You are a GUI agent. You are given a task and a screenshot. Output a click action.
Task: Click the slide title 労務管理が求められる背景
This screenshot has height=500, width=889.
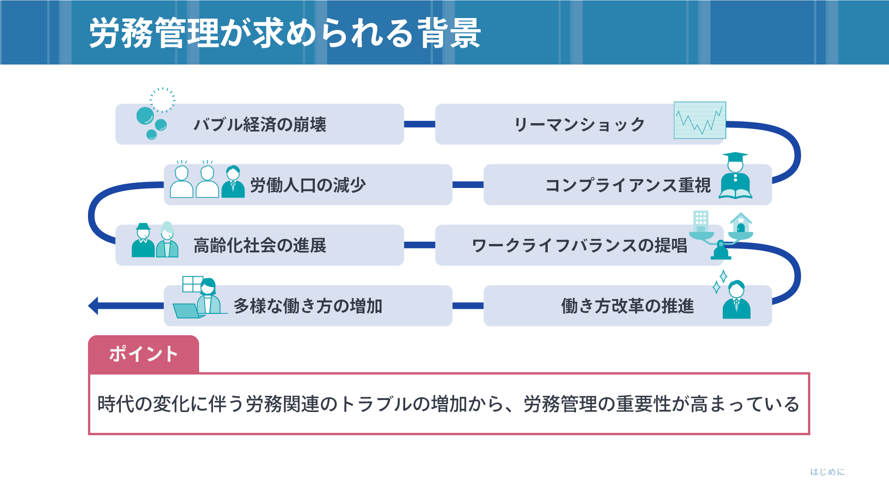(285, 33)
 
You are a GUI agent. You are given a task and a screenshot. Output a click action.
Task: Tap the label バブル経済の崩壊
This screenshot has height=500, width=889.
(260, 125)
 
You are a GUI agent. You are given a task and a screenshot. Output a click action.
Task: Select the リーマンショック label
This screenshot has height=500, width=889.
(579, 125)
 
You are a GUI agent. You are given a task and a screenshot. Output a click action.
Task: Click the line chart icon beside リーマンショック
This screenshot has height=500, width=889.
(700, 120)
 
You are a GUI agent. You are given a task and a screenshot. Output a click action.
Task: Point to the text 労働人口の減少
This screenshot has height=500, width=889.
(308, 185)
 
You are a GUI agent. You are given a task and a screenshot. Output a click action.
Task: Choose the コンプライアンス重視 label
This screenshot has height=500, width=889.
(628, 185)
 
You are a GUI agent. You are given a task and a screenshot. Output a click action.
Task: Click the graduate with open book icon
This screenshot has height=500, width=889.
(735, 175)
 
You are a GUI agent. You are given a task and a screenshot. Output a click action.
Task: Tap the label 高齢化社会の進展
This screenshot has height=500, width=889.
(260, 245)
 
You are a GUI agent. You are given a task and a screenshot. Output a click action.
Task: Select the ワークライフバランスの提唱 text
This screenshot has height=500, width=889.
(579, 245)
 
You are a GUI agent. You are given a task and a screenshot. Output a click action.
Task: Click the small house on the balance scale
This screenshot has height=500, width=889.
(741, 223)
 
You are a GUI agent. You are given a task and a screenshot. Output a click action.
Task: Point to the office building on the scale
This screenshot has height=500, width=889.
(701, 221)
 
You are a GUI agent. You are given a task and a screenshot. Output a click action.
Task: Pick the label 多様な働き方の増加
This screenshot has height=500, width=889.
(308, 306)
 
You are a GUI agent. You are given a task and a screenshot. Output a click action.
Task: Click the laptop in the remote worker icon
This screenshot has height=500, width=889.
(188, 311)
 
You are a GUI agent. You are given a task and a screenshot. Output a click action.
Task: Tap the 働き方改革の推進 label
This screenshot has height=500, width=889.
(628, 306)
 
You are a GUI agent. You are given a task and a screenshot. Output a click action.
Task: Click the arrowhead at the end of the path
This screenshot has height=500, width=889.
(93, 306)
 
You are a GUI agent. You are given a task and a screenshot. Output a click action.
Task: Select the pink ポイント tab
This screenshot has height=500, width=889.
(144, 354)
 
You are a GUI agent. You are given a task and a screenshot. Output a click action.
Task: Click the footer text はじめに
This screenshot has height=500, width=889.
(827, 472)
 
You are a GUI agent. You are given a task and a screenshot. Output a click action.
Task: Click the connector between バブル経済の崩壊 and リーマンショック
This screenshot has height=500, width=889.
(419, 124)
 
